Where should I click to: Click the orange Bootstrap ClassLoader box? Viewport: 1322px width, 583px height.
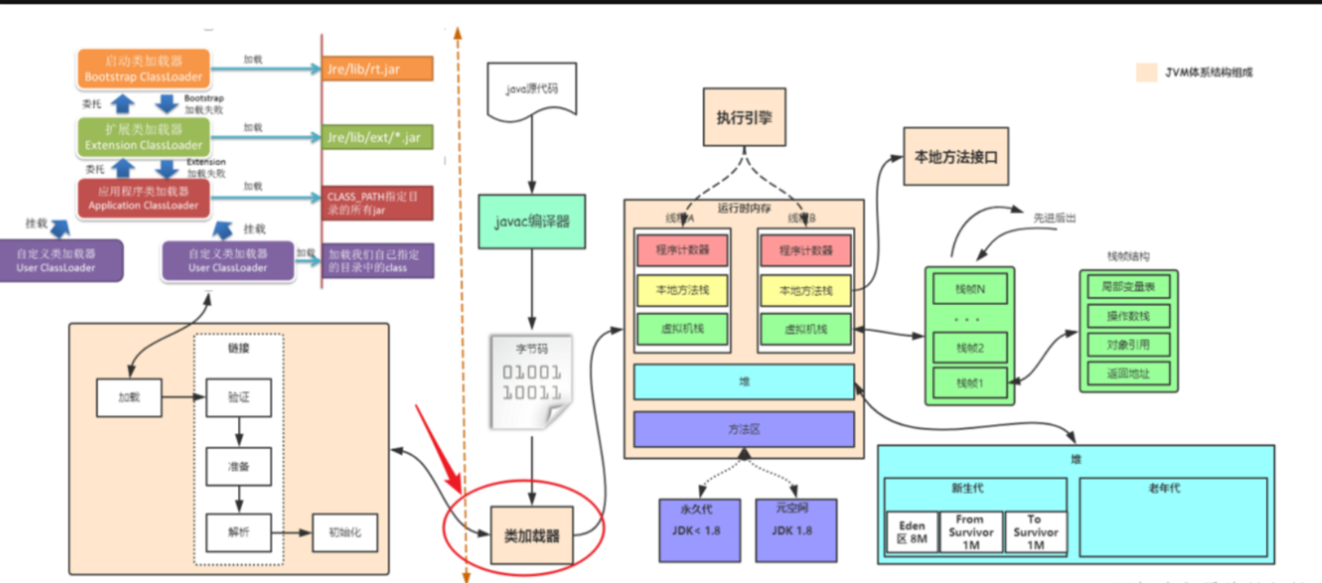pyautogui.click(x=144, y=69)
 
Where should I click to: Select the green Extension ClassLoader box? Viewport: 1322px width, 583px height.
pyautogui.click(x=144, y=137)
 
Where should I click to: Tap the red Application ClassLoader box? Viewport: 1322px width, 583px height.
pyautogui.click(x=144, y=199)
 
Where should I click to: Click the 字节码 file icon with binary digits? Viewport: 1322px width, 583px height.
pyautogui.click(x=531, y=383)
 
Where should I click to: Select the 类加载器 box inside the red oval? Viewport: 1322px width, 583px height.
pyautogui.click(x=531, y=535)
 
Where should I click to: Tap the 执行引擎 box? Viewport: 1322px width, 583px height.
pyautogui.click(x=744, y=116)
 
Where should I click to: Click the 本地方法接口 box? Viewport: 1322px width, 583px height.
pyautogui.click(x=956, y=157)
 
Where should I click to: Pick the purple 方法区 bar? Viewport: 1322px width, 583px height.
pyautogui.click(x=743, y=429)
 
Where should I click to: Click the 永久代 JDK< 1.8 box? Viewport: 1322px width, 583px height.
pyautogui.click(x=700, y=530)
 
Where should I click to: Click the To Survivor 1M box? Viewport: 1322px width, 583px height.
pyautogui.click(x=1034, y=532)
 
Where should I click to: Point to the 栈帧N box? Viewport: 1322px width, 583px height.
pyautogui.click(x=970, y=288)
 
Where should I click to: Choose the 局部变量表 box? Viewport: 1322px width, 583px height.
pyautogui.click(x=1128, y=287)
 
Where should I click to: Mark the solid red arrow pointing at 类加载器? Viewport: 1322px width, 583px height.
pyautogui.click(x=439, y=448)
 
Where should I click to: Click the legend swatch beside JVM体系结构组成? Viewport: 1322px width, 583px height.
pyautogui.click(x=1146, y=72)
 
